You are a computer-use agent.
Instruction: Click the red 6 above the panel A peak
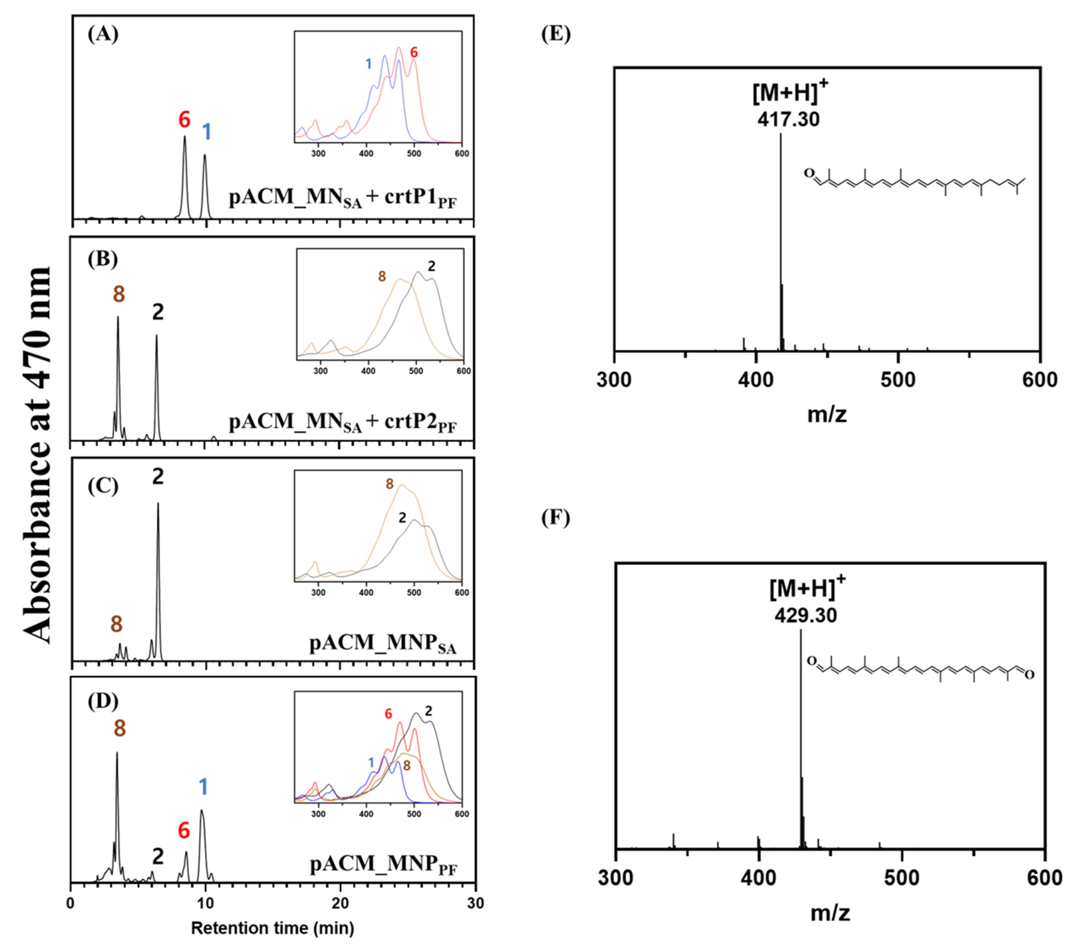184,120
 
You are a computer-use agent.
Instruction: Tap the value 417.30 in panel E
788,119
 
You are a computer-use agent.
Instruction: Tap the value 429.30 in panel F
806,616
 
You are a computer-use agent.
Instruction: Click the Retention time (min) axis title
272,927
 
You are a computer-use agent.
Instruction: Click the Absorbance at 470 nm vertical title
38,454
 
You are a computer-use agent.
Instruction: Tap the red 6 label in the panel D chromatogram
183,831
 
